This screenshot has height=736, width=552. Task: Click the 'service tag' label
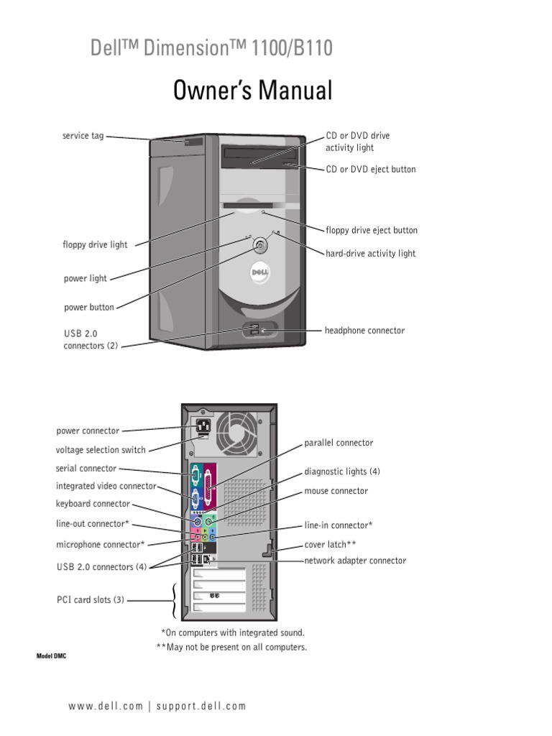pyautogui.click(x=83, y=135)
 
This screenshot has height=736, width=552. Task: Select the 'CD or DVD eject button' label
pyautogui.click(x=370, y=170)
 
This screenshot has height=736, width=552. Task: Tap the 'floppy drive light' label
pyautogui.click(x=95, y=245)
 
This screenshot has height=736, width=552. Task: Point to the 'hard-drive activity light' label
pyautogui.click(x=370, y=254)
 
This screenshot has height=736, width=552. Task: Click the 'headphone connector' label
pyautogui.click(x=364, y=331)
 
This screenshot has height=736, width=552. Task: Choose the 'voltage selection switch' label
pyautogui.click(x=101, y=450)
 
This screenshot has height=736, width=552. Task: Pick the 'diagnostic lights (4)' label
pyautogui.click(x=342, y=471)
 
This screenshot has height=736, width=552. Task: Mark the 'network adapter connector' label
pyautogui.click(x=355, y=561)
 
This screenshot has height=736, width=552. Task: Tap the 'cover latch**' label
pyautogui.click(x=330, y=544)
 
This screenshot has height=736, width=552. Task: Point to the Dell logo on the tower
pyautogui.click(x=259, y=273)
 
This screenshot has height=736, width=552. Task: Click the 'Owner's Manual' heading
pyautogui.click(x=252, y=91)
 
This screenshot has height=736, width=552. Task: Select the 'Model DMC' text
pyautogui.click(x=52, y=658)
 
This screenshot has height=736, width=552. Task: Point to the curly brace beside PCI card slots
pyautogui.click(x=174, y=600)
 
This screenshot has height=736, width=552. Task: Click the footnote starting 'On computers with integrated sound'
pyautogui.click(x=233, y=632)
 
